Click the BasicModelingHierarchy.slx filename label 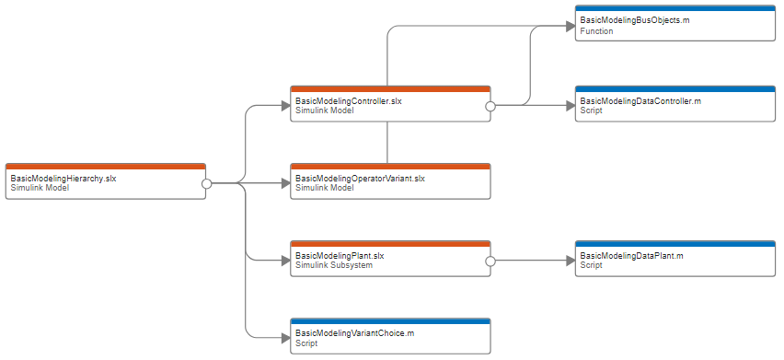pos(63,178)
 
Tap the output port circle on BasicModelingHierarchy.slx pos(207,183)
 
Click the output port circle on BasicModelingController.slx pos(490,106)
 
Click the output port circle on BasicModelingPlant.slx pos(490,261)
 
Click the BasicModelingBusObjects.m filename pos(635,20)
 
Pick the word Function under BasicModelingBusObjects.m pos(596,31)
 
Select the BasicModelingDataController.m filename pos(640,100)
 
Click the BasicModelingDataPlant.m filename pos(631,255)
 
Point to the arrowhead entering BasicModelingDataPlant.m pos(569,261)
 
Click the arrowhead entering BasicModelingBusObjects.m pos(569,27)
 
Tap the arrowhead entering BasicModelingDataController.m pos(569,106)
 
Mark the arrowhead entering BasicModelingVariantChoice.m pos(283,338)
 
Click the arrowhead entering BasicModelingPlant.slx pos(283,261)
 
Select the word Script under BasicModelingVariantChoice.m pos(306,343)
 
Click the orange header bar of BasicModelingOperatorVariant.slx pos(390,167)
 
